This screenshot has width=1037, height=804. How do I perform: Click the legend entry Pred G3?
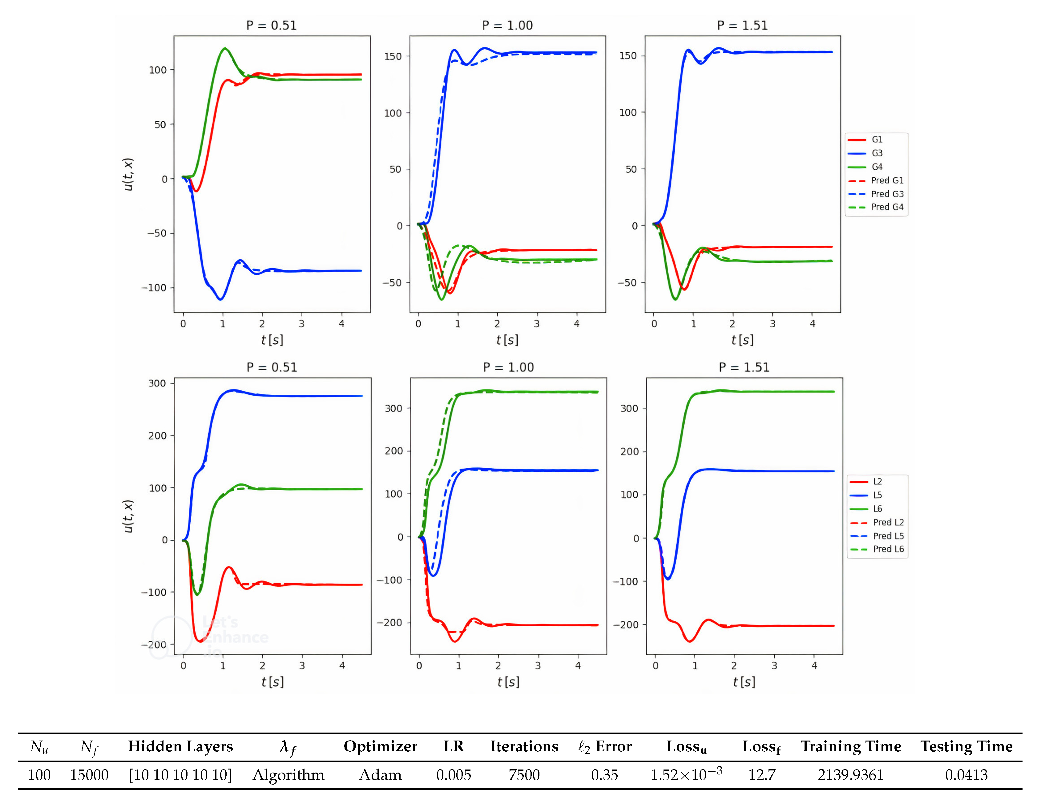(886, 194)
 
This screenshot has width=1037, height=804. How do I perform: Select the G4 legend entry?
(877, 167)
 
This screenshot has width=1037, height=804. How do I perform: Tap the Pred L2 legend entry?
(888, 522)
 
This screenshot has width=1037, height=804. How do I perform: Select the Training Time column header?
(850, 746)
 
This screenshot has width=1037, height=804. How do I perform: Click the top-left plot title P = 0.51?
(271, 25)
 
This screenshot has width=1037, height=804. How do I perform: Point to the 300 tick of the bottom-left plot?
(157, 383)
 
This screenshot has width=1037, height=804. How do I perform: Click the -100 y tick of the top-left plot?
(153, 288)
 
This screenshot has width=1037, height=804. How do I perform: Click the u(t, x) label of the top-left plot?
(128, 174)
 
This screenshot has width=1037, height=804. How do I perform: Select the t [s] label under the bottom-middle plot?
(508, 682)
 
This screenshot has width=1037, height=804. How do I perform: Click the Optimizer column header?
(380, 746)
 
